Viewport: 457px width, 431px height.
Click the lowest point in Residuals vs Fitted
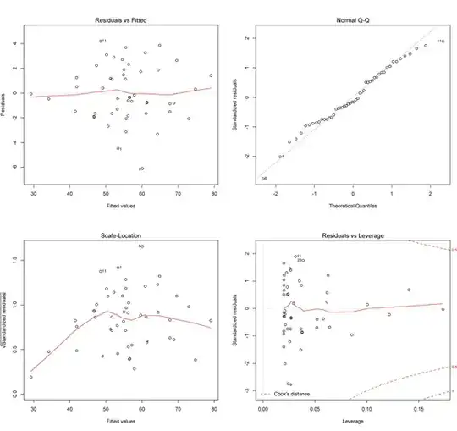(140, 169)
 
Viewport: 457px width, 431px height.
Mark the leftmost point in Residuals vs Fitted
(31, 94)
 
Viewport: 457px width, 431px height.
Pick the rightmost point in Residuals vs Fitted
(211, 75)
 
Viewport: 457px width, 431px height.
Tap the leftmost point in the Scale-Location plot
(31, 377)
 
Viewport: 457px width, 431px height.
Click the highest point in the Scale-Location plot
(140, 246)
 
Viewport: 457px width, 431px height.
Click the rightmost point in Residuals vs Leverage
(442, 309)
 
